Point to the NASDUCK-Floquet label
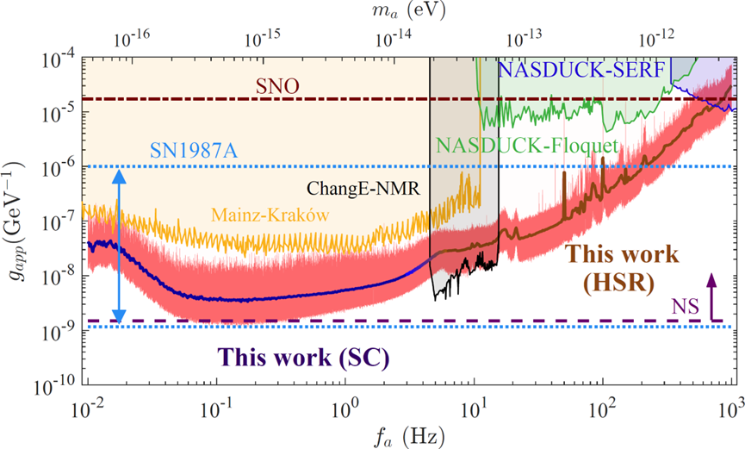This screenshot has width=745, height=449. tap(527, 146)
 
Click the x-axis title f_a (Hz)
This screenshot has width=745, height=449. tap(410, 431)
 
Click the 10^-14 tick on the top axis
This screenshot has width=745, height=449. tap(394, 39)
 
